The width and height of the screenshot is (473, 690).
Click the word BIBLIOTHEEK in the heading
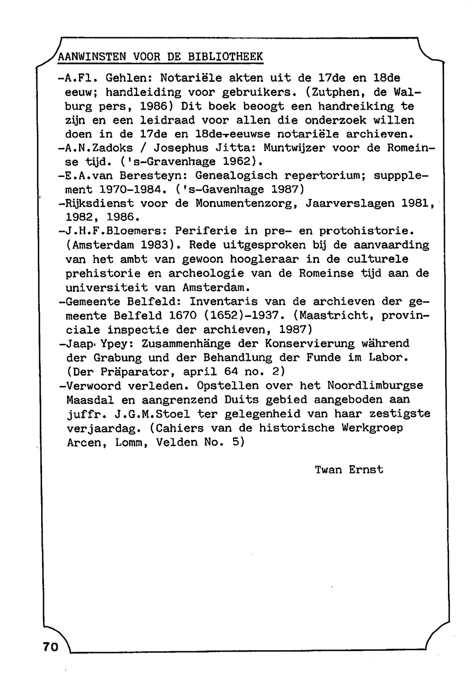pos(225,57)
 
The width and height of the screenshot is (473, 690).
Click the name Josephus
pos(181,148)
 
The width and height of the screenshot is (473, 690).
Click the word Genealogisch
pos(236,176)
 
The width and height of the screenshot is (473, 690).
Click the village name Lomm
pos(129,443)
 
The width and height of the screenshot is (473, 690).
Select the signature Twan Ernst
pos(349,470)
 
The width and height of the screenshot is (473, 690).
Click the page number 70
pos(50,647)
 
